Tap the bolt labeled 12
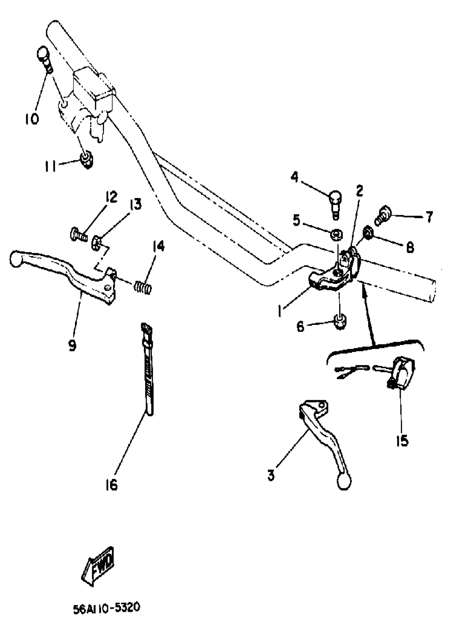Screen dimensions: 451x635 [x=78, y=234]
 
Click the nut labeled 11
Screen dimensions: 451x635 [x=87, y=160]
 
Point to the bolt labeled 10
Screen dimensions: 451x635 [x=44, y=59]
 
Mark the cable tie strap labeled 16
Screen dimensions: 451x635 [x=148, y=370]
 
